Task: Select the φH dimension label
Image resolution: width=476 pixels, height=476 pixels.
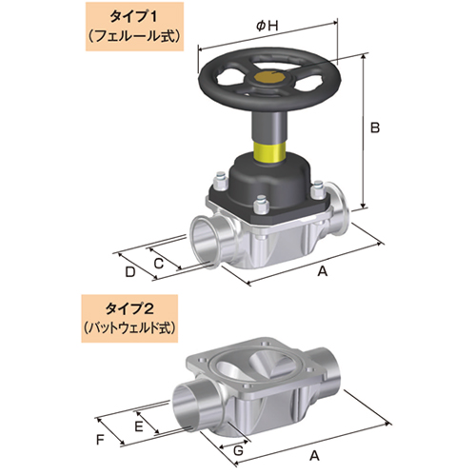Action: tap(268, 27)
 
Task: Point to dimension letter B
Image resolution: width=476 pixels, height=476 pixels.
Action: tap(375, 127)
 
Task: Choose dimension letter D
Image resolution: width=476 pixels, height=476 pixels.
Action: tap(129, 273)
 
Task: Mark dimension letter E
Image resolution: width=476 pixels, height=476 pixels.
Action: tap(139, 428)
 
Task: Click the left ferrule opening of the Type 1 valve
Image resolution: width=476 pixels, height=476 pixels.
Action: tap(203, 233)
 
